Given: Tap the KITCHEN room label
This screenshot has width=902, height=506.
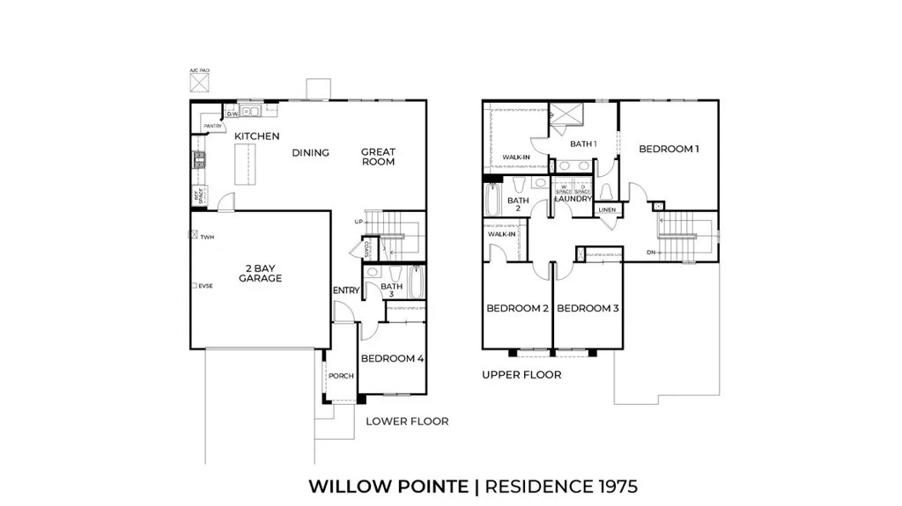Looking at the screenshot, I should [x=256, y=136].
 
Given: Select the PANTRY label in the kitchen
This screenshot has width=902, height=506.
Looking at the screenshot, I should [x=212, y=127].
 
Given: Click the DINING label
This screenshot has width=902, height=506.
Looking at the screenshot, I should [x=310, y=153].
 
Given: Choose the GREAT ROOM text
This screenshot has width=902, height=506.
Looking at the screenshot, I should [x=378, y=157].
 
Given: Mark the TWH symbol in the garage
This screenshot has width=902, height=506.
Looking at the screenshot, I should [x=194, y=236].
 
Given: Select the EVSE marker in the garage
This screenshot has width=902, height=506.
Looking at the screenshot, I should [x=194, y=285].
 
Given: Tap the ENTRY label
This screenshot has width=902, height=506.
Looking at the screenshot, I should [x=344, y=291].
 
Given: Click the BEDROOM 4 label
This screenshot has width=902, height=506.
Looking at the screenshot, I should [x=393, y=358].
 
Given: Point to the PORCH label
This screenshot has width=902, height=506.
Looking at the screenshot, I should [x=341, y=376].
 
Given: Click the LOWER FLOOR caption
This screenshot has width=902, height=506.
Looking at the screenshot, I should [x=407, y=422].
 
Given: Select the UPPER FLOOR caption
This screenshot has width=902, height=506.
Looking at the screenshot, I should [x=521, y=375].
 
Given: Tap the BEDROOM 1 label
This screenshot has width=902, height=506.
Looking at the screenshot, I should [x=669, y=149].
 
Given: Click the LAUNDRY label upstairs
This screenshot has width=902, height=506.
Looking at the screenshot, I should [x=573, y=199].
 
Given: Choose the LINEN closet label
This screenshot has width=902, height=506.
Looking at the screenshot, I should [x=607, y=210].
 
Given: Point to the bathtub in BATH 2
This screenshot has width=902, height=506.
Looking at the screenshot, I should [x=492, y=199].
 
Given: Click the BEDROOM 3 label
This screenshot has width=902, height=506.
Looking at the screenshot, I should [x=588, y=308].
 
